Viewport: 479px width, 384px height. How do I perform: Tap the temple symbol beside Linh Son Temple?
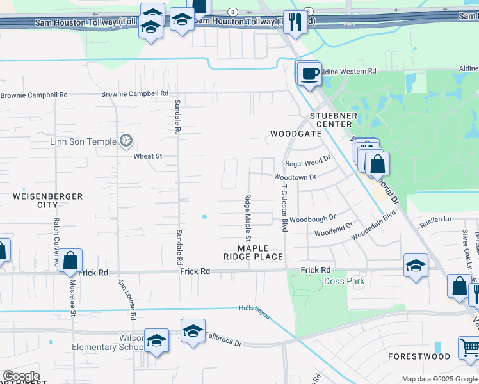tap(127, 141)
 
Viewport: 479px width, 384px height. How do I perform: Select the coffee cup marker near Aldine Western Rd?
tap(309, 74)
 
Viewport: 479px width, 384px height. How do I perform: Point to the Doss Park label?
tap(345, 281)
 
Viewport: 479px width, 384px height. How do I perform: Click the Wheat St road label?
tap(148, 156)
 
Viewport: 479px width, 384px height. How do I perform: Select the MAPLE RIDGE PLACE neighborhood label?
tap(253, 252)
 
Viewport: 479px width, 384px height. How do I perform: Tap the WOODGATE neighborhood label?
tap(295, 134)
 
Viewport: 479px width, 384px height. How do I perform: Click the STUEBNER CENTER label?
tap(331, 120)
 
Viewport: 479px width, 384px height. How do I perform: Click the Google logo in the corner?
tap(21, 376)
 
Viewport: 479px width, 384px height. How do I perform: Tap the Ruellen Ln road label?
tap(435, 220)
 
